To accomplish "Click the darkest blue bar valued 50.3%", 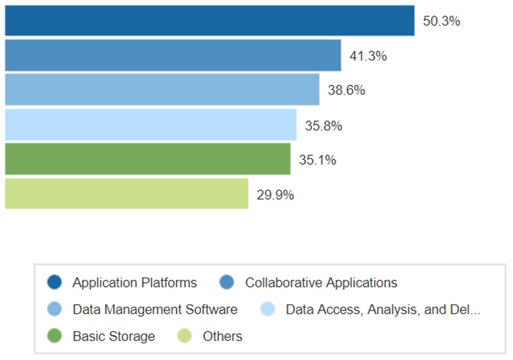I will pos(209,20).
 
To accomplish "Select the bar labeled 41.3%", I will pos(173,55).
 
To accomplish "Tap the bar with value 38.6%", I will pos(162,90).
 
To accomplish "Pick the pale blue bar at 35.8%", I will pos(150,125).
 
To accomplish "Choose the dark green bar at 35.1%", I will pos(147,159).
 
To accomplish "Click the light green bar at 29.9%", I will pos(126,194).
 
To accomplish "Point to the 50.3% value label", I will pos(441,21).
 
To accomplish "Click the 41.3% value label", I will pos(368,56).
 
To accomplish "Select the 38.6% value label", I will pos(346,90).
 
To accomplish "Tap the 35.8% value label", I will pos(324,125).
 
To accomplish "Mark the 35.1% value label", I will pos(318,160).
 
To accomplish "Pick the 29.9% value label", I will pos(275,196).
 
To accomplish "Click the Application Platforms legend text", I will pos(135,282).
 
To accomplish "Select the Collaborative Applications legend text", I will pos(321,282).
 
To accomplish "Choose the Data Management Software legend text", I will pos(155,309).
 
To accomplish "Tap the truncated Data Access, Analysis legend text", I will pos(383,309).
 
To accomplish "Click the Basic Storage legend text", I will pos(114,336).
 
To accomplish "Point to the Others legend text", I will pos(222,336).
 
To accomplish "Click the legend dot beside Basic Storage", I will pos(55,336).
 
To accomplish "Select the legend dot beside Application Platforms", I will pos(55,282).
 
